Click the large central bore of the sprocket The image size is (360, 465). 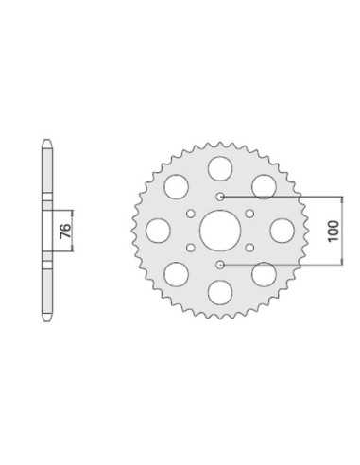(x=220, y=231)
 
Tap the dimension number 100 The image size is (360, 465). (x=334, y=231)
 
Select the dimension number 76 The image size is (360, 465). (x=65, y=232)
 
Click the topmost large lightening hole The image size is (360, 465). (x=220, y=168)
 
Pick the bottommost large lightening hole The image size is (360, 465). (x=220, y=293)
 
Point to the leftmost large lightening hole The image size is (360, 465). (x=158, y=231)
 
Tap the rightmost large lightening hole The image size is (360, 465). (x=283, y=231)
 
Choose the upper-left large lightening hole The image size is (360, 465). (x=177, y=187)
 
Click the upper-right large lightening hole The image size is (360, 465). (x=264, y=187)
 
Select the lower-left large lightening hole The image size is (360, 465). (x=177, y=274)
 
